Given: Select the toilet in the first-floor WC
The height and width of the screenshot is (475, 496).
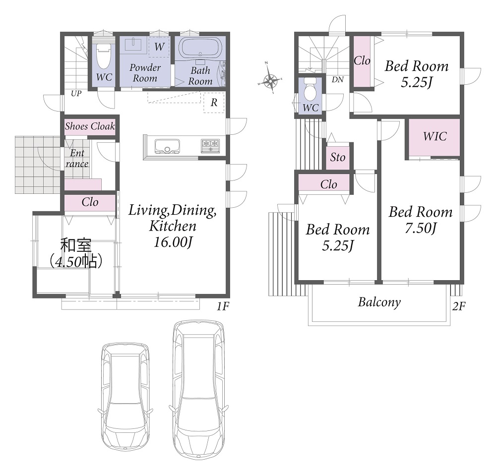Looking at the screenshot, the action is [104, 56].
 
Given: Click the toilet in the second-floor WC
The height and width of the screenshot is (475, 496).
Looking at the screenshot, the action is [310, 90].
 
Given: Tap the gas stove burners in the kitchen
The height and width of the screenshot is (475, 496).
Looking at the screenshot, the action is [210, 145].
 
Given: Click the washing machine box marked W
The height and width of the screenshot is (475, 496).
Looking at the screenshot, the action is [159, 47].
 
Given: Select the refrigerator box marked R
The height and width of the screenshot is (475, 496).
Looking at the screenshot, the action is [214, 103].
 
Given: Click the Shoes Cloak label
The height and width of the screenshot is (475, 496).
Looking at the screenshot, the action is [89, 126].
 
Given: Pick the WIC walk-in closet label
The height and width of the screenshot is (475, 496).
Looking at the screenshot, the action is [435, 137].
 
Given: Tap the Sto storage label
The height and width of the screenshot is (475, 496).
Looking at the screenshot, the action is [337, 157].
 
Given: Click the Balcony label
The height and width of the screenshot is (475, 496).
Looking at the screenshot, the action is [379, 302].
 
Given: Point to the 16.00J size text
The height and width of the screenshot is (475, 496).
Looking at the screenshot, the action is [173, 242].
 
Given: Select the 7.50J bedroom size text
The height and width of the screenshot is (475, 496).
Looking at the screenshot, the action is [421, 228].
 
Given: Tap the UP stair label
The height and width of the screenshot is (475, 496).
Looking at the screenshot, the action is [76, 93].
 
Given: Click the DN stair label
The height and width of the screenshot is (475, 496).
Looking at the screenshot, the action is [337, 80].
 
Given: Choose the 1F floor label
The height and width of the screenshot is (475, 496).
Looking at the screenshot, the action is [223, 306].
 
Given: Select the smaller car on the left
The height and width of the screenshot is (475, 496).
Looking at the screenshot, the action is [125, 396].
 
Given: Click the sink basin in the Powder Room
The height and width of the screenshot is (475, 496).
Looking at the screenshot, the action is [134, 45].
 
